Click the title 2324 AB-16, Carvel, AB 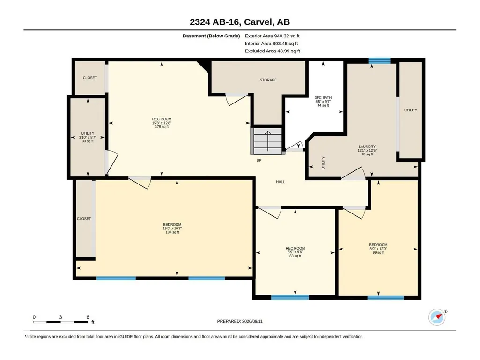pos(240,22)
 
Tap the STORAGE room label pos(268,80)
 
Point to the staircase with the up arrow pos(267,141)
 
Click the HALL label pos(281,182)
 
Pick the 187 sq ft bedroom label pos(172,228)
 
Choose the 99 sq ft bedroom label pos(378,249)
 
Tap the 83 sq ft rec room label pos(295,252)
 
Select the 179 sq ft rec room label pos(162,123)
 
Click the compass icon pos(437,317)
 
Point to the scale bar pos(60,322)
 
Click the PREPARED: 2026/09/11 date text pos(240,321)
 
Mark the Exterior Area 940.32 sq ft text pos(272,36)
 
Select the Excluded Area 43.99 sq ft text pos(273,51)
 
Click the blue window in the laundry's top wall pos(379,60)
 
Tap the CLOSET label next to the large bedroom pos(84,219)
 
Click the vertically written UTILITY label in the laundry pos(323,163)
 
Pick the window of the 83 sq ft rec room pos(290,297)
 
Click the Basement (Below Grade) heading pos(211,36)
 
